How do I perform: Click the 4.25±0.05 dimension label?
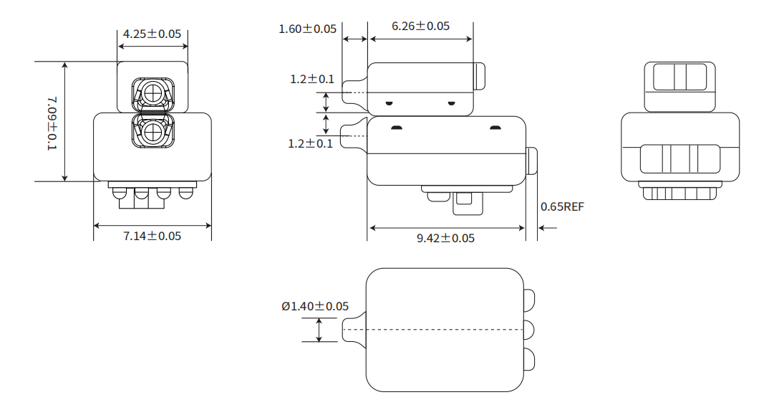click(152, 34)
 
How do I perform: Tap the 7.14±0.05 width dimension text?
click(152, 236)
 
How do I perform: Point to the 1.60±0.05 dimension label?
click(307, 29)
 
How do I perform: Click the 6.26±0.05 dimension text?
click(420, 26)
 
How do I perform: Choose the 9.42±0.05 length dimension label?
click(445, 238)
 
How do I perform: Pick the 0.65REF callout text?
click(562, 206)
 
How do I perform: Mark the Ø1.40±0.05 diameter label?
click(315, 306)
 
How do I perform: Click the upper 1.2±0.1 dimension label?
click(312, 79)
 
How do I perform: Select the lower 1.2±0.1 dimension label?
click(310, 143)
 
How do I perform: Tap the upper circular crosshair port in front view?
click(153, 93)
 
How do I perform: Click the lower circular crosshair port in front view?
click(153, 133)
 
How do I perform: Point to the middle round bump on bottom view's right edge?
click(529, 330)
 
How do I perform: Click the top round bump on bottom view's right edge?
click(529, 298)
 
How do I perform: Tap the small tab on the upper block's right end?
click(480, 76)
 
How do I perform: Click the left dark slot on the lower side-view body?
click(397, 128)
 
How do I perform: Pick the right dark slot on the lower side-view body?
click(495, 128)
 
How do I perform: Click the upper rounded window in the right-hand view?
click(680, 77)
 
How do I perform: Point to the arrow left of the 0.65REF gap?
click(548, 228)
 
